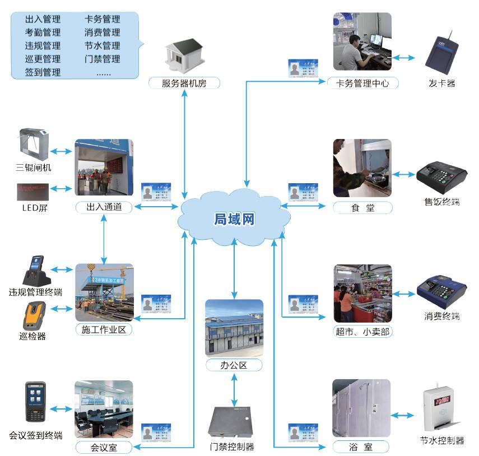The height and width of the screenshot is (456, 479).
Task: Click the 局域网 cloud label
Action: (x=234, y=218)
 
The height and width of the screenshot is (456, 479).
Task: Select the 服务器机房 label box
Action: (x=184, y=83)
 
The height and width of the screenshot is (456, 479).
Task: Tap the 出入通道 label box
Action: (x=104, y=208)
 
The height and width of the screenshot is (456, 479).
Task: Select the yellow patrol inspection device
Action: (x=34, y=316)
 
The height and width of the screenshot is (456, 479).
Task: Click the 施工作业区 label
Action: (x=104, y=330)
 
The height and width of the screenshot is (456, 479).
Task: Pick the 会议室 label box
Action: (x=104, y=447)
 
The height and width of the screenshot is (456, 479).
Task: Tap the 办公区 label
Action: (x=234, y=366)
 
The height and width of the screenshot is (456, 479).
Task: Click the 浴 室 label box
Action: (x=361, y=447)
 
